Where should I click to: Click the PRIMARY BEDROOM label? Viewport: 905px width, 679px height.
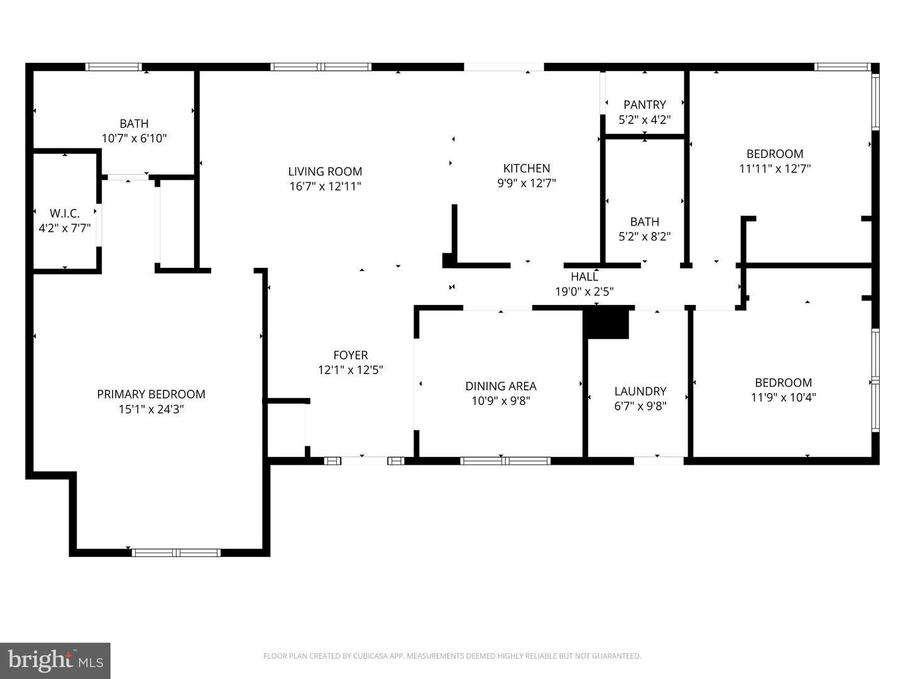151,394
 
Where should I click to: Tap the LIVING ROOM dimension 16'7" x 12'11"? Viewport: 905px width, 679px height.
325,186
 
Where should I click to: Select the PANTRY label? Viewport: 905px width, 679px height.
644,104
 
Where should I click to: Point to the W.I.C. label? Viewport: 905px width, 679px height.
65,214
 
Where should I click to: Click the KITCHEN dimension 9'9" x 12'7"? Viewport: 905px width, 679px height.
527,183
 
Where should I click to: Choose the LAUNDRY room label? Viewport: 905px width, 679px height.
640,391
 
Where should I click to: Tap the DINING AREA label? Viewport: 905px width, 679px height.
501,386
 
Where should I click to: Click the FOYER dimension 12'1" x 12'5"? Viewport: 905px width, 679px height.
350,370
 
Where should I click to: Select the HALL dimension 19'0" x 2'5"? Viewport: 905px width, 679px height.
584,292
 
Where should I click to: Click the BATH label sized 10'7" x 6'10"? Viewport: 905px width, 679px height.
134,124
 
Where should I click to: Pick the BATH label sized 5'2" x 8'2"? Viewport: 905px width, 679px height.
644,222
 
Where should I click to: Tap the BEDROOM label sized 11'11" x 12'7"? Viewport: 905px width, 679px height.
774,154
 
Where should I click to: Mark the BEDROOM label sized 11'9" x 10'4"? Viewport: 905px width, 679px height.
783,382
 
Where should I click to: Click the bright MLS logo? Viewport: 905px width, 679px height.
55,660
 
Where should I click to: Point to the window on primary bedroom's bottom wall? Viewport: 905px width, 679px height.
176,553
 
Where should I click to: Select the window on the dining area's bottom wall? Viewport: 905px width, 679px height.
505,461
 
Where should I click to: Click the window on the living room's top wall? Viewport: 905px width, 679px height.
321,67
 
